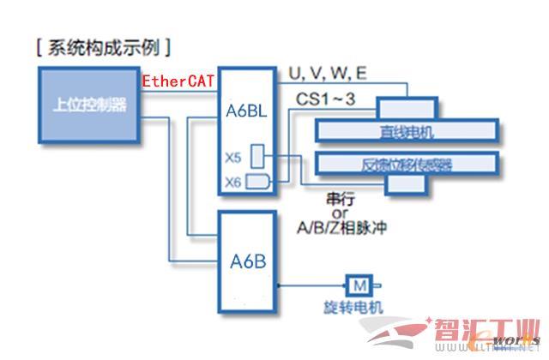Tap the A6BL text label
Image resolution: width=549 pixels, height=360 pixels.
point(245,111)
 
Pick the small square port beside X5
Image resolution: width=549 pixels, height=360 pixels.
point(259,156)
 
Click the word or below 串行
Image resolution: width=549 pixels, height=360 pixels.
point(340,213)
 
